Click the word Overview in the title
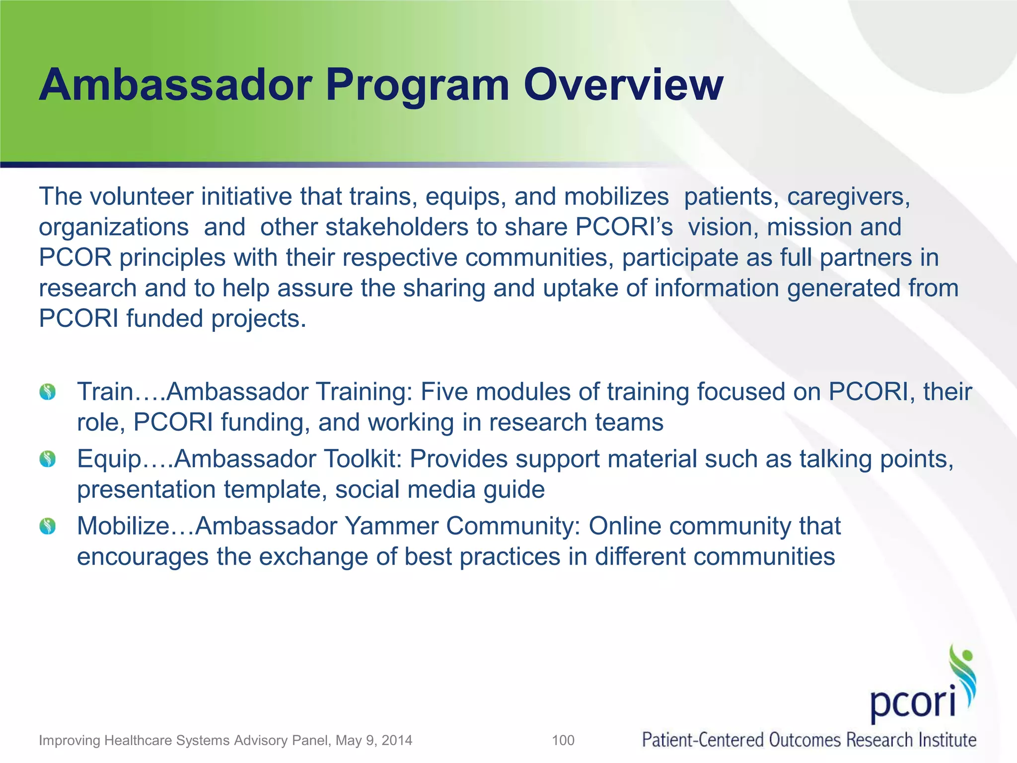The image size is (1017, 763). [x=623, y=85]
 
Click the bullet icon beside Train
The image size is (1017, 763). [x=48, y=392]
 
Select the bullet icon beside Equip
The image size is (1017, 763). [x=48, y=459]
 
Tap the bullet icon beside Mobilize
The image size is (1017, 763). [x=48, y=526]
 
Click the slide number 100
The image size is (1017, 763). [x=563, y=740]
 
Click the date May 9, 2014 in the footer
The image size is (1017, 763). [x=373, y=740]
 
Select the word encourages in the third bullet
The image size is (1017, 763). [x=143, y=557]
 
